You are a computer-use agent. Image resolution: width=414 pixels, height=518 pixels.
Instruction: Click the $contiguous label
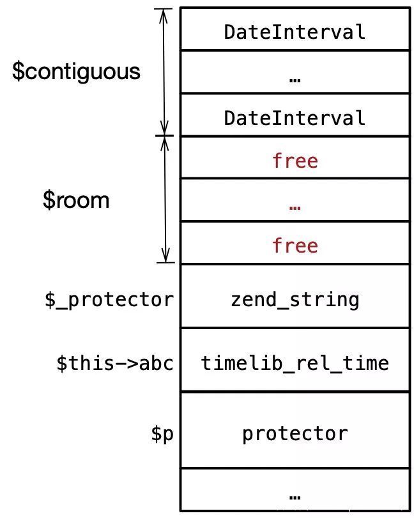[76, 71]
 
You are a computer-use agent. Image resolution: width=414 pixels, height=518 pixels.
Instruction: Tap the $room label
[76, 200]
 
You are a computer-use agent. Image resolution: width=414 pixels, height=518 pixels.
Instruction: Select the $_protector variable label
[109, 299]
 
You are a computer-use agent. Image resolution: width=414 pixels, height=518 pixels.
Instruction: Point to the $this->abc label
[114, 363]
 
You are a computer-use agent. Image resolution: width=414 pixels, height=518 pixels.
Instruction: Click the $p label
[162, 434]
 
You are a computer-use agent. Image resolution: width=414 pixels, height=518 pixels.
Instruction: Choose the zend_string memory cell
[295, 299]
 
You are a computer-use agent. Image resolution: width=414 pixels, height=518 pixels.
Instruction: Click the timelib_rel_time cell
[295, 363]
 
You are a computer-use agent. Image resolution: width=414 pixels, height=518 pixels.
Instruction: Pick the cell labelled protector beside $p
[295, 434]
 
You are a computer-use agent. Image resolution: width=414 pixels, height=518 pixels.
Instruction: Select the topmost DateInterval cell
[295, 31]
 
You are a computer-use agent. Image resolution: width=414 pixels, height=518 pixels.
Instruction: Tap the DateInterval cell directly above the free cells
[295, 117]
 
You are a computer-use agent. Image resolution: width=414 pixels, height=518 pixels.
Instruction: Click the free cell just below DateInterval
[295, 160]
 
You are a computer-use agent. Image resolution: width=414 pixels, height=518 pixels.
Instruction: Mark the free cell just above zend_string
[295, 245]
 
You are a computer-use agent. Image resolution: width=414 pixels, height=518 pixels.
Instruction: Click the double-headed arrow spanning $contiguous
[165, 71]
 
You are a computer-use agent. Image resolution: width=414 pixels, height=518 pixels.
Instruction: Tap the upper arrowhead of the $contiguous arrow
[165, 14]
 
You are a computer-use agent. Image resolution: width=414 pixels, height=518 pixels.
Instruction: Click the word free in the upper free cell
[295, 160]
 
